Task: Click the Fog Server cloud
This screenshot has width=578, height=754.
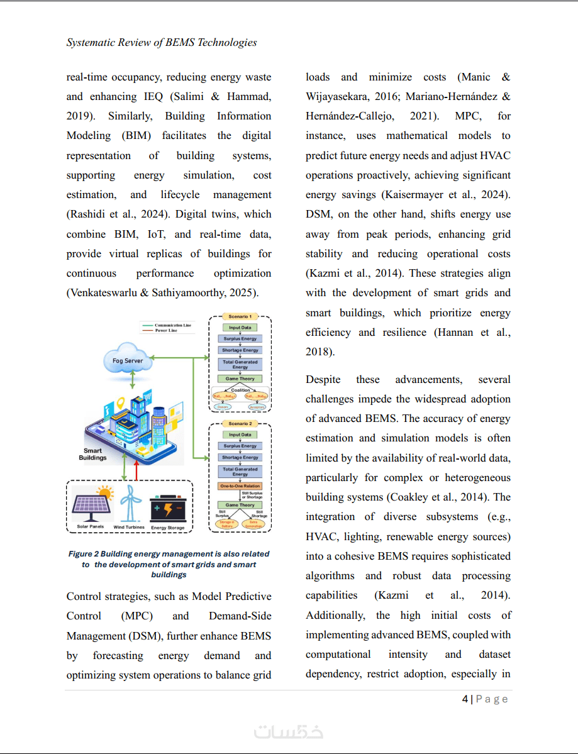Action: tap(128, 360)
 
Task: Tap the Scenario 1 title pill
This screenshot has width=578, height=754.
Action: tap(240, 316)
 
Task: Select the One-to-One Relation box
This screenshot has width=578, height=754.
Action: tap(240, 486)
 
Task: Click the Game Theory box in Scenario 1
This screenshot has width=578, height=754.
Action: tap(240, 379)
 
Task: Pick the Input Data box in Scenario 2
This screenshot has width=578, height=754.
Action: tap(240, 435)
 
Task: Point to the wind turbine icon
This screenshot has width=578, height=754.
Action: tap(130, 504)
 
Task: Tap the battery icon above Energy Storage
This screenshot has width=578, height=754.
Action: tap(167, 506)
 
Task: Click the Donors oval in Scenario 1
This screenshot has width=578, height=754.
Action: tap(222, 407)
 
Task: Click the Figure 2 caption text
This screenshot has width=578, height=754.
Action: tap(169, 564)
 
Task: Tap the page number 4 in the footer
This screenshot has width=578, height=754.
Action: tap(465, 699)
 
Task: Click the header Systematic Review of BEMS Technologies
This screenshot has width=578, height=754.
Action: tap(162, 43)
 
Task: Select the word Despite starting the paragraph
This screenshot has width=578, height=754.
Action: tap(323, 379)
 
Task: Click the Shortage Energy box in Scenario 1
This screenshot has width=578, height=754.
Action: tap(240, 350)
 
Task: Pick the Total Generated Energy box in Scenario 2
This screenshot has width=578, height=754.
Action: tap(240, 471)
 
